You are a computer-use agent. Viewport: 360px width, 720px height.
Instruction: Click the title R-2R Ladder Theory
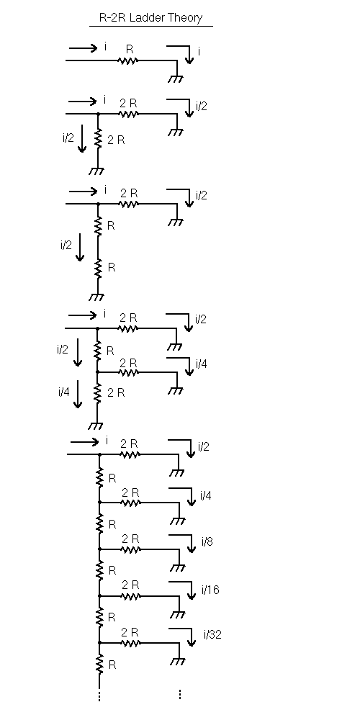(x=150, y=18)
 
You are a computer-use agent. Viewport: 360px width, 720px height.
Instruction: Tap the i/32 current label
(x=212, y=634)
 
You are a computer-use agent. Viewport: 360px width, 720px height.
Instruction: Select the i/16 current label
(x=210, y=590)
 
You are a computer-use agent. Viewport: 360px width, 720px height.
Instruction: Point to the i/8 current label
(x=207, y=542)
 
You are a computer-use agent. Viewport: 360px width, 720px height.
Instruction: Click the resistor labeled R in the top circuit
(x=128, y=60)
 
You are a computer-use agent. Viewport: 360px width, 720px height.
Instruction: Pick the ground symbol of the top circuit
(x=176, y=78)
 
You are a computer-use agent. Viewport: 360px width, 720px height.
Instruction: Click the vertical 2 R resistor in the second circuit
(x=98, y=139)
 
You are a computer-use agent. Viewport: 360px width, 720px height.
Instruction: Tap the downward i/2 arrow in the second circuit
(x=82, y=138)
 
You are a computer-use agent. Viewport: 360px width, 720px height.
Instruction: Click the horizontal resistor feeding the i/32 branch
(x=130, y=643)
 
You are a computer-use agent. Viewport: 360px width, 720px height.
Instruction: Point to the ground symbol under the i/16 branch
(x=178, y=614)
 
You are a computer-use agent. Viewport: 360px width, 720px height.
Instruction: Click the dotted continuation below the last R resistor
(x=99, y=696)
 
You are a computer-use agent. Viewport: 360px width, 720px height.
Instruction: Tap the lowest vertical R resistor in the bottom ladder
(x=99, y=664)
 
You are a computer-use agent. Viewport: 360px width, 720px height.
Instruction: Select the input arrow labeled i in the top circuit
(x=83, y=48)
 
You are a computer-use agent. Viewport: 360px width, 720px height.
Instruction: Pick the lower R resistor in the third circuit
(x=98, y=268)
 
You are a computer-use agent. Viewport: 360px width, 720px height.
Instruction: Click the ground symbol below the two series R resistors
(x=96, y=297)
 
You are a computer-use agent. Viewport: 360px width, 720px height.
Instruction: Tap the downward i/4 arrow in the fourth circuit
(x=78, y=394)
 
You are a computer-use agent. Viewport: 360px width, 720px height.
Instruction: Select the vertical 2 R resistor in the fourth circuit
(x=97, y=393)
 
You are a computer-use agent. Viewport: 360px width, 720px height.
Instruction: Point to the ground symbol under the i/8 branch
(x=178, y=567)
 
